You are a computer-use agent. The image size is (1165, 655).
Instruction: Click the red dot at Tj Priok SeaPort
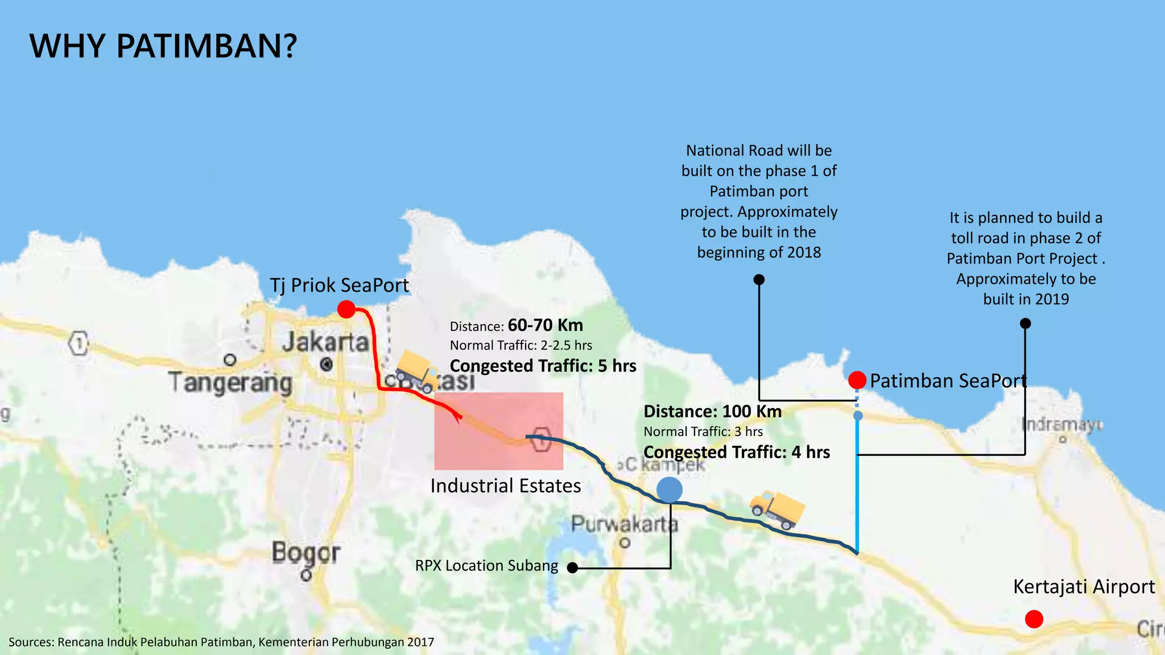(346, 309)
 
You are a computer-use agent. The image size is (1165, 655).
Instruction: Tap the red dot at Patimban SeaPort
(857, 380)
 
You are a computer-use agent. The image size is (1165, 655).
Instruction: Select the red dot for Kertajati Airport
(1034, 619)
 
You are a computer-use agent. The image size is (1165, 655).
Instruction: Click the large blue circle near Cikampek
(670, 490)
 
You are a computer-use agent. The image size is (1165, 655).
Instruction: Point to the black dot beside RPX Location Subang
(573, 567)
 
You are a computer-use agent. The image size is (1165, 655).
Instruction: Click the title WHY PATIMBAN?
(163, 46)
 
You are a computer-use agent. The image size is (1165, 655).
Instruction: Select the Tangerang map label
(230, 382)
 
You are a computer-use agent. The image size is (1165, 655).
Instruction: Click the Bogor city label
(305, 553)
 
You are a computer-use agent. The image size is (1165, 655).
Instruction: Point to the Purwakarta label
(624, 524)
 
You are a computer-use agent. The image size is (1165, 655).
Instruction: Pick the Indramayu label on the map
(1062, 425)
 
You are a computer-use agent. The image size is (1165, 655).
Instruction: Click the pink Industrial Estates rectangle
(498, 431)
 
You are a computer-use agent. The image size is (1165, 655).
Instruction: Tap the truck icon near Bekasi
(418, 371)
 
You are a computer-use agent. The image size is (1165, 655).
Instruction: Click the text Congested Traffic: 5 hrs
(543, 366)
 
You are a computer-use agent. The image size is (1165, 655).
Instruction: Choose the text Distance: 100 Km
(712, 411)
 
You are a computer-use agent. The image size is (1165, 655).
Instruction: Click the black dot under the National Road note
(759, 280)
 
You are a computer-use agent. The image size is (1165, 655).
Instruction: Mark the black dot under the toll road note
(1025, 324)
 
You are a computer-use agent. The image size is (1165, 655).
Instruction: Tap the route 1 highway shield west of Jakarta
(79, 343)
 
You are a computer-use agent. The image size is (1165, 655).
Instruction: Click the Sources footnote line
(221, 642)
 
